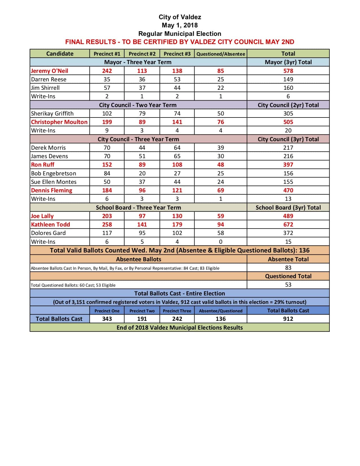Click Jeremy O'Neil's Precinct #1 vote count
tap(107, 71)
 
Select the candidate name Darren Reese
tap(49, 79)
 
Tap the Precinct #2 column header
tap(142, 54)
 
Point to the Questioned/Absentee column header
tap(221, 54)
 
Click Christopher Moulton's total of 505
tap(288, 122)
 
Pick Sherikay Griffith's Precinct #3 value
tap(177, 114)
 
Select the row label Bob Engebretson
tap(53, 173)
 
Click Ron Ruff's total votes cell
tap(288, 165)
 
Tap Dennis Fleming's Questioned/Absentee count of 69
tap(221, 190)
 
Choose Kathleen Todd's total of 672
tap(288, 225)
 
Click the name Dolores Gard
tap(48, 233)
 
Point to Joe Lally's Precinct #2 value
tap(142, 216)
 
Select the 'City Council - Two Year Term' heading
tap(138, 105)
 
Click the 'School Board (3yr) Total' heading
tap(288, 208)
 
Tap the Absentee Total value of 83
tap(288, 268)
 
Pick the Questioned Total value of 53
tap(288, 285)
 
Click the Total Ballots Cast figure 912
tap(288, 319)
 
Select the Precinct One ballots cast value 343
tap(107, 319)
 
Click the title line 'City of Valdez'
tap(180, 17)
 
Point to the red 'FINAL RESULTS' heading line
tap(180, 42)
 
